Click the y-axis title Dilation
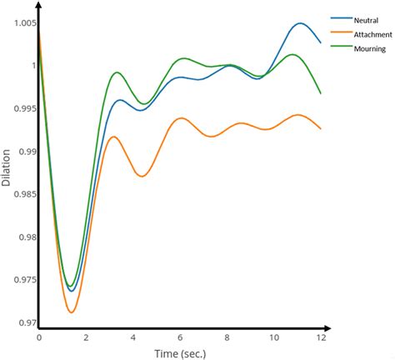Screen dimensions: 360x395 7,167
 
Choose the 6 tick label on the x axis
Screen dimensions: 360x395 179,338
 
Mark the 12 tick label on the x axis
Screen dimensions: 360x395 320,338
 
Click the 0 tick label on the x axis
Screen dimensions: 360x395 38,338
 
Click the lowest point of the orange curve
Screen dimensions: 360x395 72,312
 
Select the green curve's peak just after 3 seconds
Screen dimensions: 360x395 117,72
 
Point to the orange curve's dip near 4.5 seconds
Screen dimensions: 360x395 142,176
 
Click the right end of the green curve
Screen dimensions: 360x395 321,93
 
